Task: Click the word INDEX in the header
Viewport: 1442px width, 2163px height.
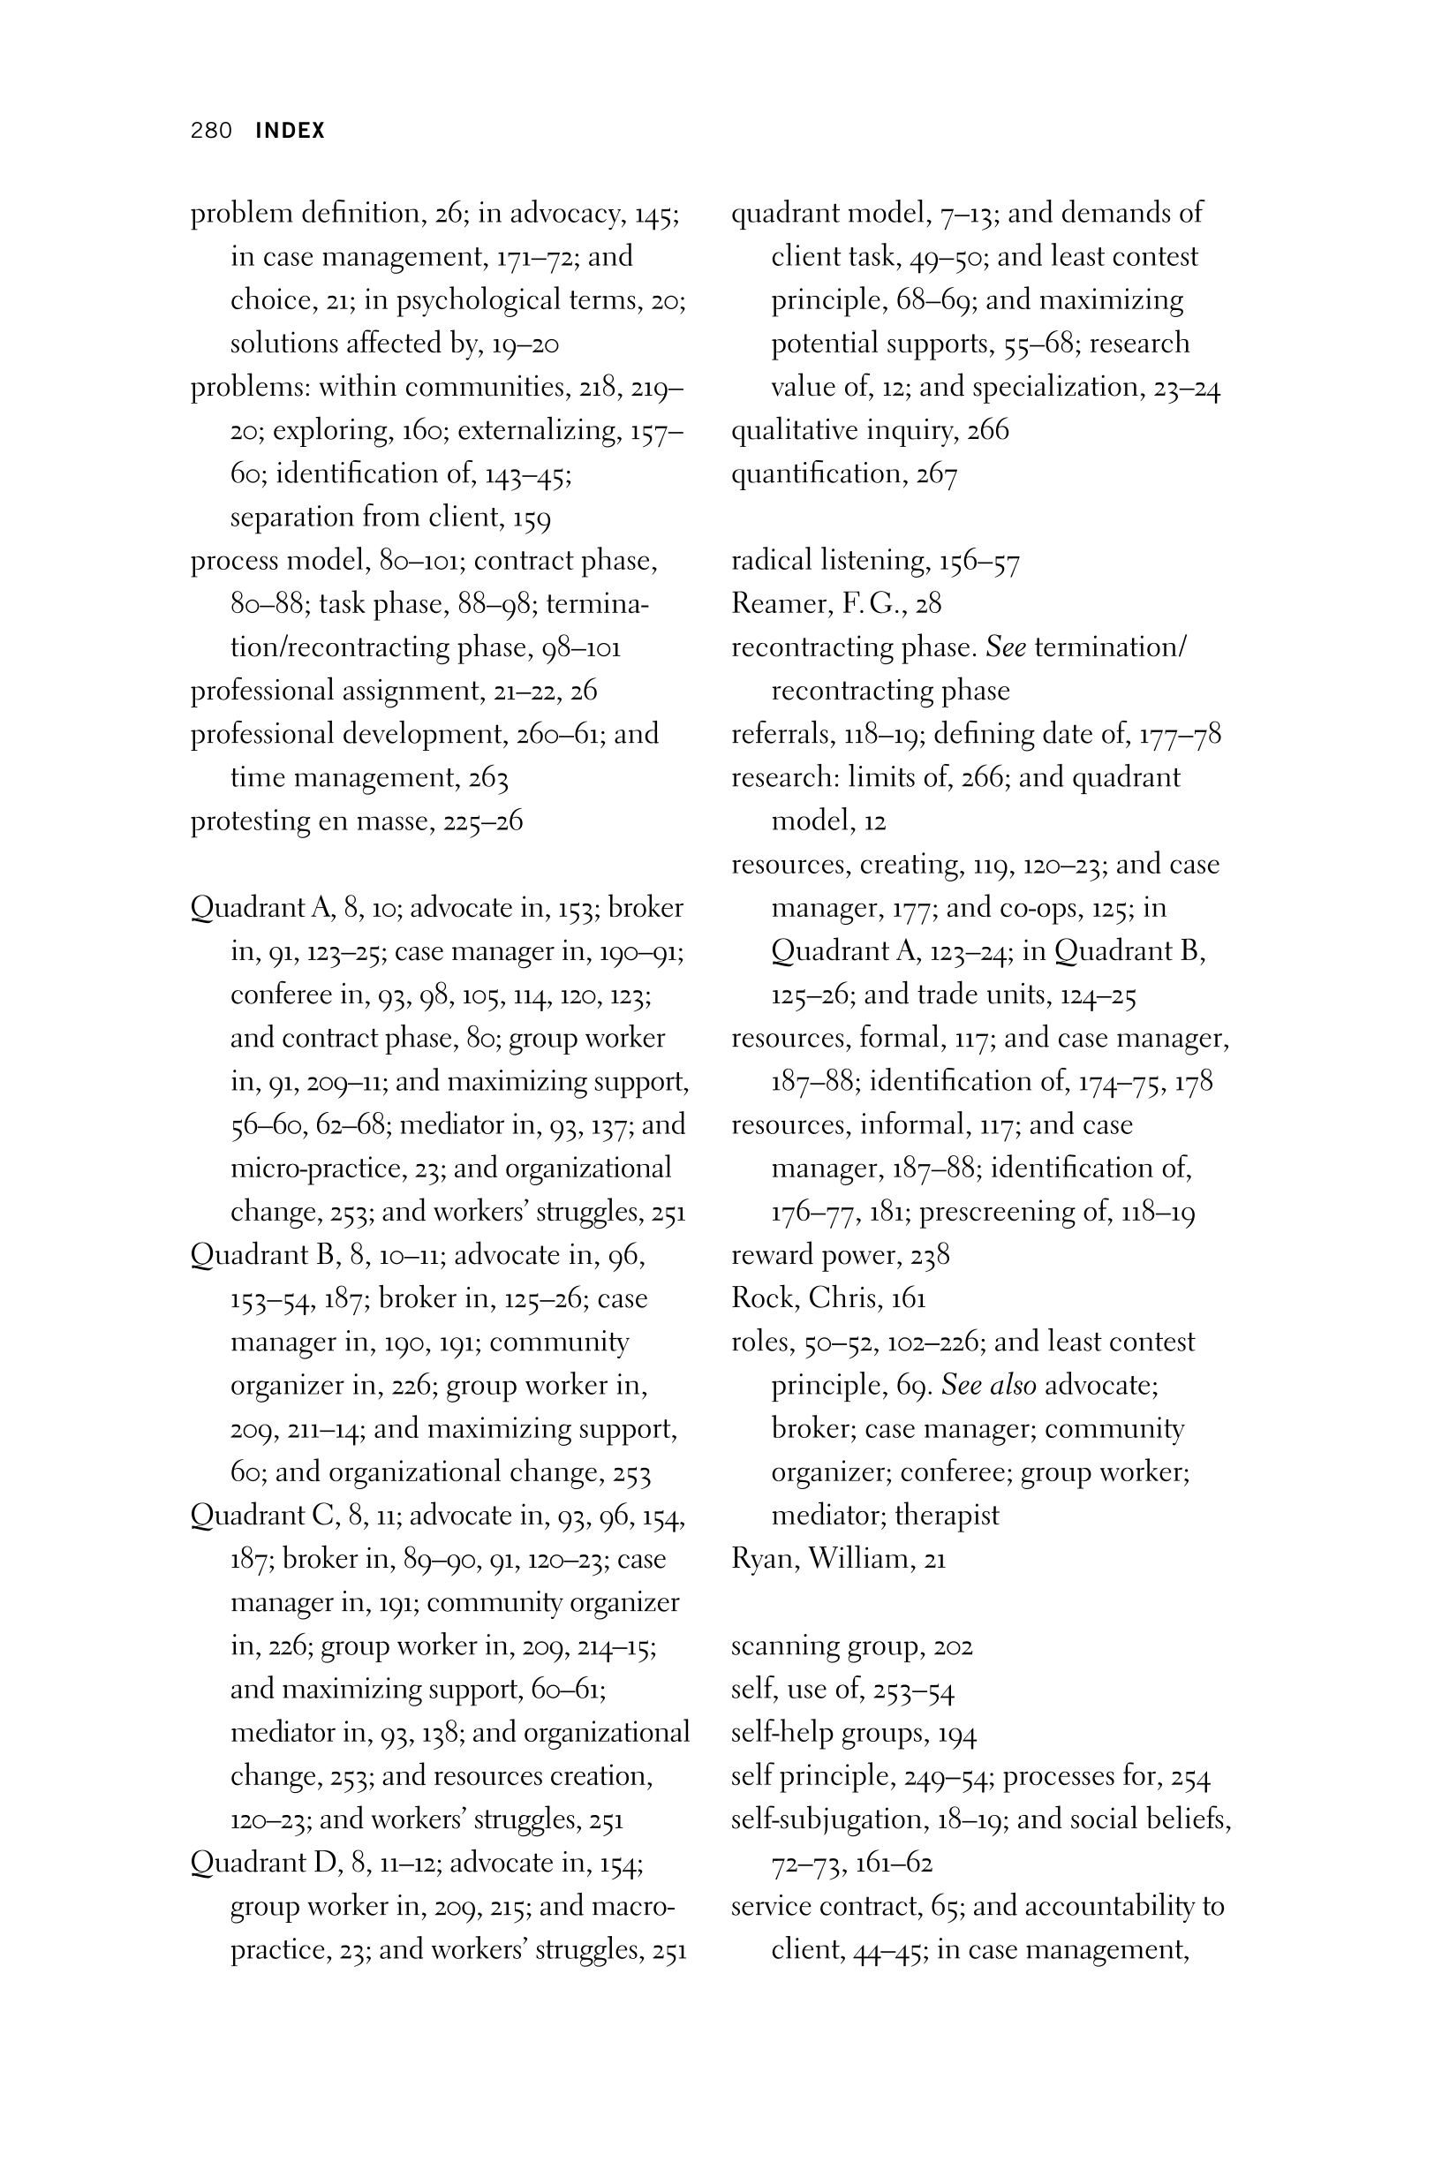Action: [x=290, y=131]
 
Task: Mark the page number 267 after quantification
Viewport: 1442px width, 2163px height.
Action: [x=937, y=474]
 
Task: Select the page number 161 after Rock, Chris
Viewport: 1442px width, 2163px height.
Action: [x=908, y=1297]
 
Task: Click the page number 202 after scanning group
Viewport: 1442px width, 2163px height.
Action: [x=953, y=1645]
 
